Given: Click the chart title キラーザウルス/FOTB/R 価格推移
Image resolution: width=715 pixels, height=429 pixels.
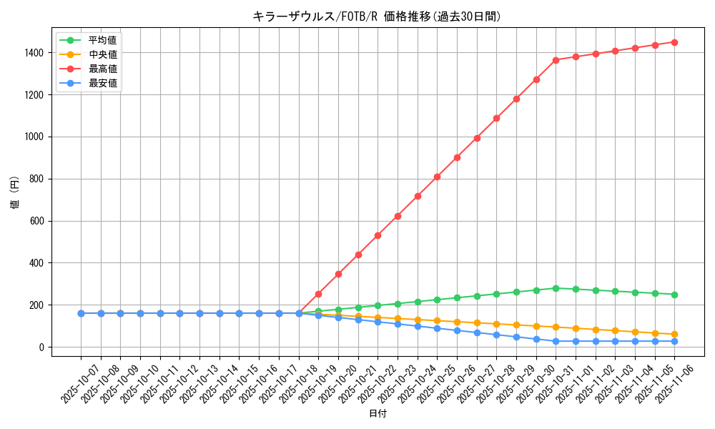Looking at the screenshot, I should [377, 16].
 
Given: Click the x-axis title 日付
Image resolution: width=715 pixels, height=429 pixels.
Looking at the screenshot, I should [378, 414].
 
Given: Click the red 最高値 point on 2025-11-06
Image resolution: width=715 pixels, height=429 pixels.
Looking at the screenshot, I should [674, 42].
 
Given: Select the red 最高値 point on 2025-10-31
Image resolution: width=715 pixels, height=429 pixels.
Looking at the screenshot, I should [556, 60].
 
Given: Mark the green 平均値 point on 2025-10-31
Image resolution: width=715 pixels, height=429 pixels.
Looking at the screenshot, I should [556, 288].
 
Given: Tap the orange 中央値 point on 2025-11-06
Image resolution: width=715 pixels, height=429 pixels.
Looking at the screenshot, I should [674, 335].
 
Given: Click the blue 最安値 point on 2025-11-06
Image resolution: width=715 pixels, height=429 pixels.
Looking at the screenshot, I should [674, 341].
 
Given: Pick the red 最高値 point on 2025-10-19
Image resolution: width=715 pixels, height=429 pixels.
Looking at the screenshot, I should [318, 294].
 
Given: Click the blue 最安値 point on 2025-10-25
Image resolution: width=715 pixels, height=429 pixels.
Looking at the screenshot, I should [437, 328].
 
